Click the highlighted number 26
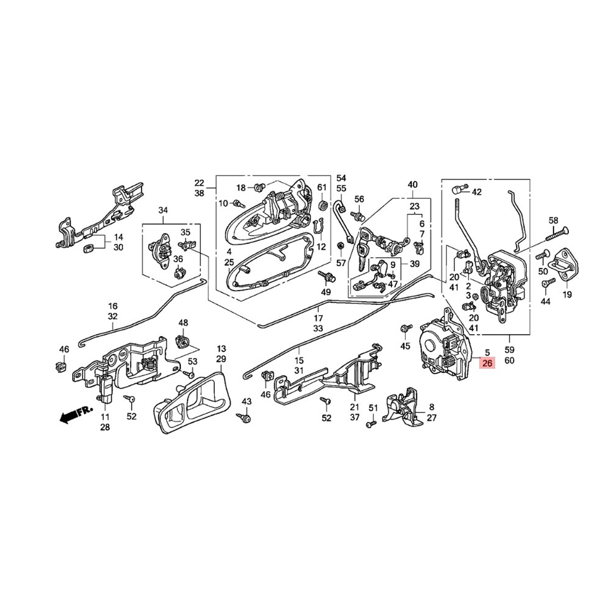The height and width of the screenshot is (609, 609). (x=487, y=364)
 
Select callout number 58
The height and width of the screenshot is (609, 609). (x=553, y=220)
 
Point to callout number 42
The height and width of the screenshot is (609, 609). (x=477, y=192)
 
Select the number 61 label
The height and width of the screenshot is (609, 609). (x=322, y=187)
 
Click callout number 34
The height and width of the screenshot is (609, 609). (x=163, y=210)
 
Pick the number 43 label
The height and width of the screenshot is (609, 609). (x=246, y=401)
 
